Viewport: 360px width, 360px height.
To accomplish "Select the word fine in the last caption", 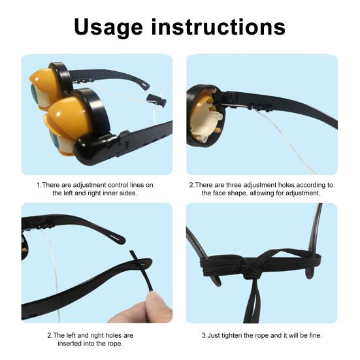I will [x=314, y=335].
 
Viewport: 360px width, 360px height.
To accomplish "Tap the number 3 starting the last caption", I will [x=205, y=335].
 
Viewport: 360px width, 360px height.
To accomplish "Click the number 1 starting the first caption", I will [x=38, y=185].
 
